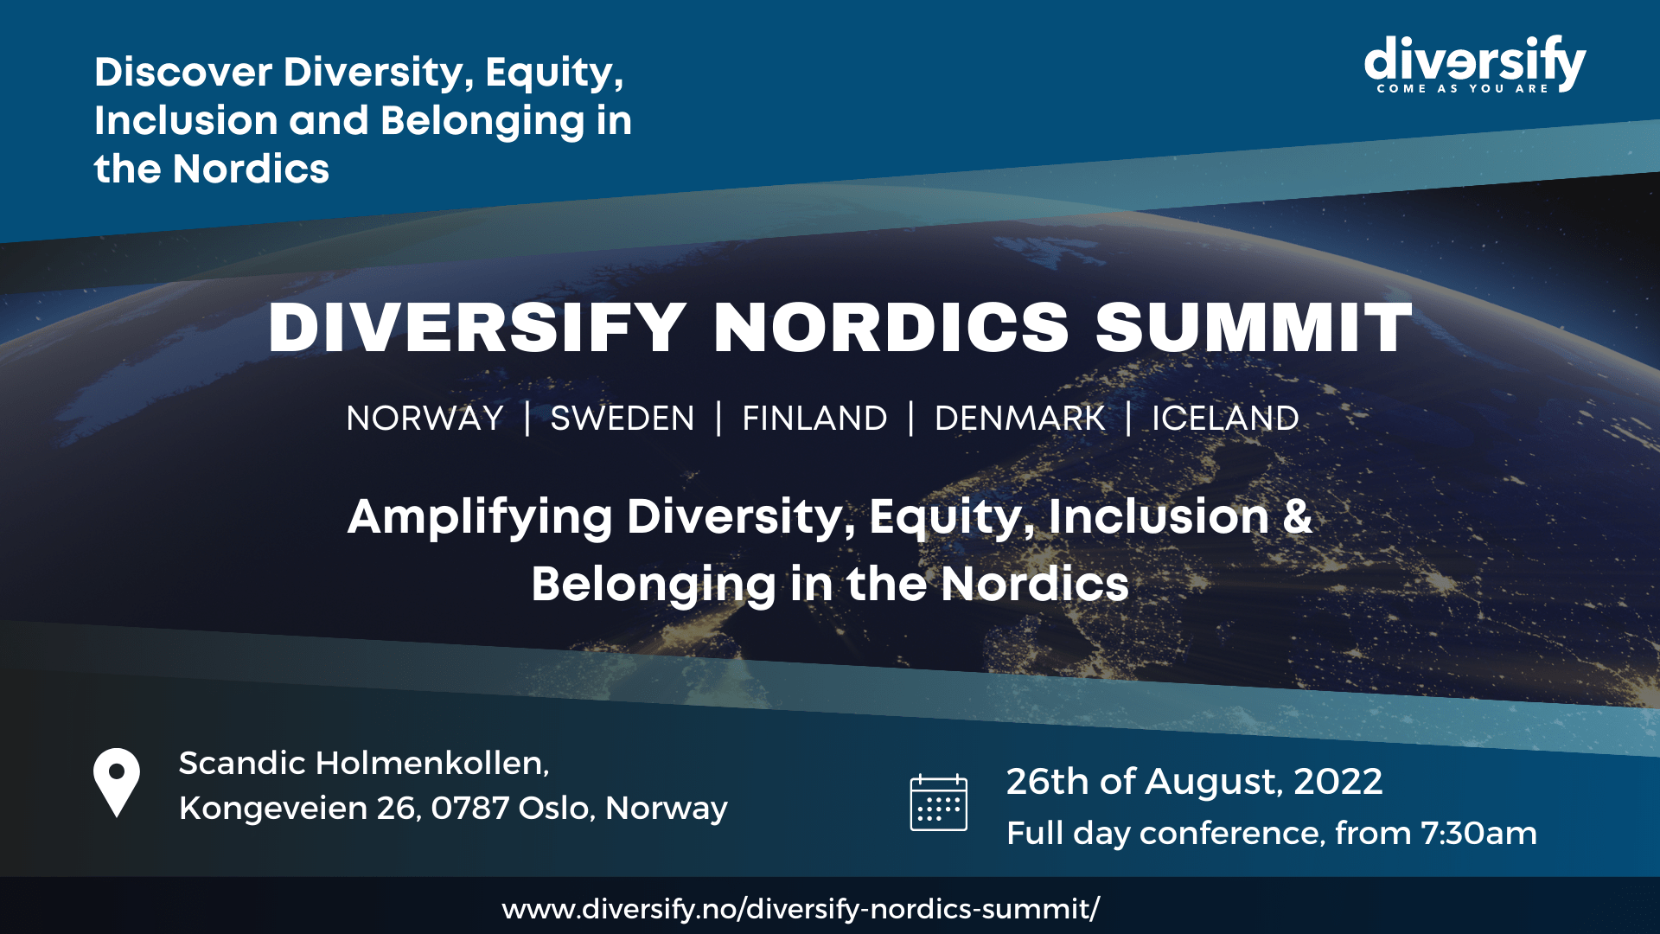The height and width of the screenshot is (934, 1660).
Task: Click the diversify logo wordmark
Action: pyautogui.click(x=1475, y=60)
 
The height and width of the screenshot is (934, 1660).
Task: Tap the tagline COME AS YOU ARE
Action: pyautogui.click(x=1463, y=88)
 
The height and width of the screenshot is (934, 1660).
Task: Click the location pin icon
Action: pyautogui.click(x=117, y=783)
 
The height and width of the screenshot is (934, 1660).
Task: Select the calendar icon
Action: pyautogui.click(x=939, y=803)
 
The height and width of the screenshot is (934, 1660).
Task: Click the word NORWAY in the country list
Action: pyautogui.click(x=425, y=419)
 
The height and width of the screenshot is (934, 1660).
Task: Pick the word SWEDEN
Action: pyautogui.click(x=622, y=419)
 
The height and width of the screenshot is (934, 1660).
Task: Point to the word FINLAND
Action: pyautogui.click(x=814, y=419)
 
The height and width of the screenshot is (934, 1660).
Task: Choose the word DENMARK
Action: pyautogui.click(x=1019, y=419)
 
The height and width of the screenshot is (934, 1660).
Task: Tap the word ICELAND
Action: pyautogui.click(x=1225, y=419)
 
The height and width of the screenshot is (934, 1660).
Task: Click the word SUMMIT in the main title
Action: pyautogui.click(x=1254, y=329)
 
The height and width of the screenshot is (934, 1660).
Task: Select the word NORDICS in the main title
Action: pyautogui.click(x=891, y=329)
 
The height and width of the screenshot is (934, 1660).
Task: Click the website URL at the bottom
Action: pyautogui.click(x=801, y=909)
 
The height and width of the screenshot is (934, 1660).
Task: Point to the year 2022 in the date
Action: pyautogui.click(x=1338, y=782)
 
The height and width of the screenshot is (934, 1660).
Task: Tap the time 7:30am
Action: pyautogui.click(x=1478, y=834)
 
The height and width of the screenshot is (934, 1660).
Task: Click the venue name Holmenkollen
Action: pyautogui.click(x=432, y=764)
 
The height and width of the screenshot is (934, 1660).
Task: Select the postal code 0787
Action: pyautogui.click(x=470, y=809)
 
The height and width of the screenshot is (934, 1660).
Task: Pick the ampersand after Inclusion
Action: pyautogui.click(x=1297, y=516)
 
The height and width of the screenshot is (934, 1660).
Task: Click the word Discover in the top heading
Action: pyautogui.click(x=183, y=72)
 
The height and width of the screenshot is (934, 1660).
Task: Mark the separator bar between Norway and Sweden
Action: pyautogui.click(x=527, y=419)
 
